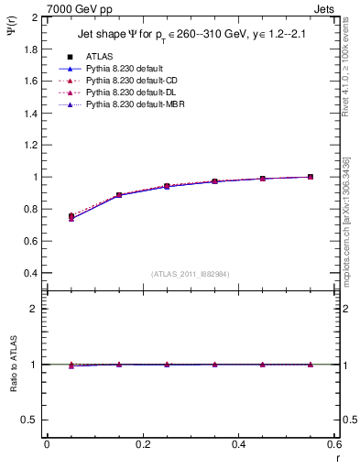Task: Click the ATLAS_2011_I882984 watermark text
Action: pos(190,274)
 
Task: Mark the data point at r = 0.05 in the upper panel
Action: pos(71,217)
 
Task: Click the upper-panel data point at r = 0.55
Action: pos(311,177)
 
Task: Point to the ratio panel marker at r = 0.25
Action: pos(167,364)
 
